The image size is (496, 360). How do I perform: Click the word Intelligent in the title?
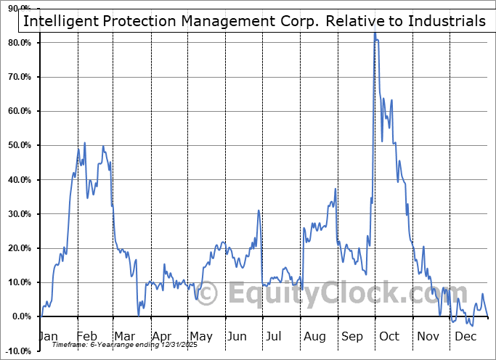point(60,21)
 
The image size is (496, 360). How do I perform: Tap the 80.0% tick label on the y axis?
point(18,43)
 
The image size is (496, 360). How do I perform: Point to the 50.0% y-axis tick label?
point(18,145)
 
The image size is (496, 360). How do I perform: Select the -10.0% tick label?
point(17,351)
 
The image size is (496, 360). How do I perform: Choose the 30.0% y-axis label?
point(18,214)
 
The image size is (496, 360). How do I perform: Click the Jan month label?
point(48,336)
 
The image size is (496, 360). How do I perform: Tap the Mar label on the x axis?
point(123,336)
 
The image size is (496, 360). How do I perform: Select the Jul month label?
point(274,336)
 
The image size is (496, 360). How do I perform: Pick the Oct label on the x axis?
point(389,336)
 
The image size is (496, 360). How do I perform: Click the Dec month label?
point(464,336)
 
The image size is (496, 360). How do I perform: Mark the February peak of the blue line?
point(85,143)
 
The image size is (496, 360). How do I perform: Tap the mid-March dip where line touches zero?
point(139,314)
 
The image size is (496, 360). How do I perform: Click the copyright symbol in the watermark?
point(208,294)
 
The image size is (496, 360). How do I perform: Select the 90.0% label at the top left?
point(18,9)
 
